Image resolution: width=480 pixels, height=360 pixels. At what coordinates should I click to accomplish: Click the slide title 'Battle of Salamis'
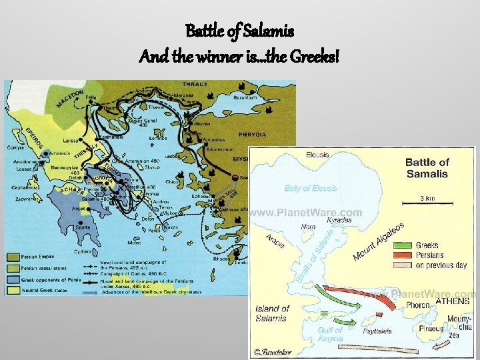(239, 31)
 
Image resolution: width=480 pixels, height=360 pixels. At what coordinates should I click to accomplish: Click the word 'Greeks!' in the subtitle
(313, 57)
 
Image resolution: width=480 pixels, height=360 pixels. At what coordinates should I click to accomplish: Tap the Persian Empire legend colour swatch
(14, 257)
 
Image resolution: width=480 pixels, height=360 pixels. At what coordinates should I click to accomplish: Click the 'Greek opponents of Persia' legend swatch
(14, 279)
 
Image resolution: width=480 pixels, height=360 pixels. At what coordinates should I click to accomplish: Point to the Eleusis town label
(317, 155)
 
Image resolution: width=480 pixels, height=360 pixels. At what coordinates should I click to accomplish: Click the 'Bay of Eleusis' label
(311, 189)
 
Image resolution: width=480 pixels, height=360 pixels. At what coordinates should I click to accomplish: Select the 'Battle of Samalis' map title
(427, 168)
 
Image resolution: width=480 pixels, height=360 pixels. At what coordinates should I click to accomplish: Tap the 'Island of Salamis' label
(272, 313)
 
